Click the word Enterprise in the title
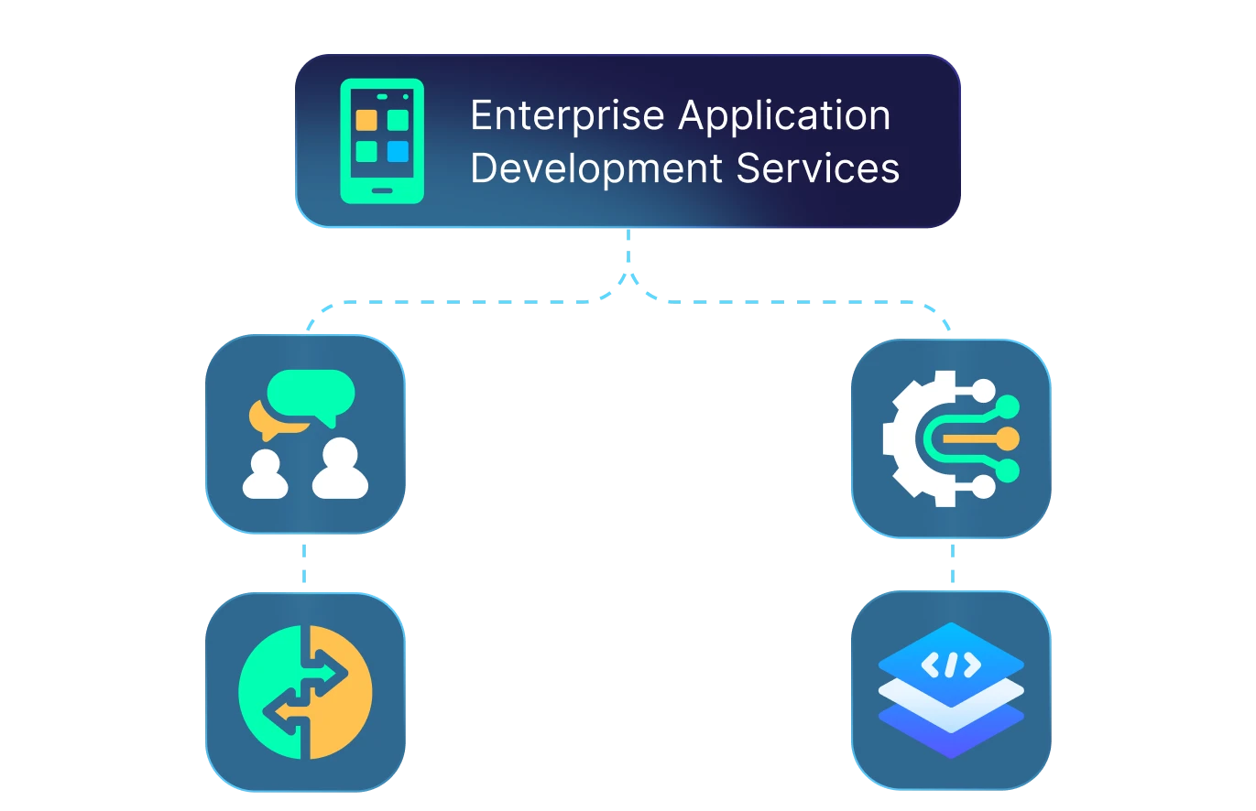tap(567, 116)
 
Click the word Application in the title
tap(785, 116)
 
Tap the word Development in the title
tap(596, 168)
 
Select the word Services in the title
tap(817, 168)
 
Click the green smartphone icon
tap(382, 141)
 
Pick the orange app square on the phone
tap(366, 120)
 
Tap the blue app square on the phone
tap(398, 151)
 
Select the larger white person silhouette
tap(340, 470)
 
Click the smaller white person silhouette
tap(266, 475)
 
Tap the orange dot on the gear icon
tap(1008, 438)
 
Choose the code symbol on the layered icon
tap(951, 665)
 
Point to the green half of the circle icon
tap(268, 692)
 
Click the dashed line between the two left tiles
tap(304, 564)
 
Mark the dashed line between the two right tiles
tap(952, 564)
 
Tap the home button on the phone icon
tap(382, 190)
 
